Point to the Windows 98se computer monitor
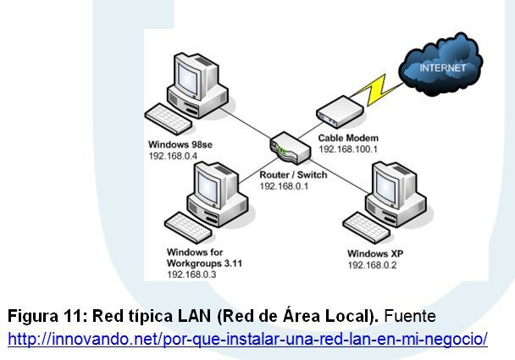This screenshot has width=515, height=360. pos(195,76)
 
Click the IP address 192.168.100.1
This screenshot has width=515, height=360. pos(349,148)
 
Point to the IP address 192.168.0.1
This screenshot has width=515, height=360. pos(285,186)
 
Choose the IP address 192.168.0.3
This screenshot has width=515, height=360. pos(192,274)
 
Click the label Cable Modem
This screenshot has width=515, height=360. pos(347,137)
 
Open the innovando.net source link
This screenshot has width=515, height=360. pos(247,340)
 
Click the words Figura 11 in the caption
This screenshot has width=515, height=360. pos(39,317)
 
